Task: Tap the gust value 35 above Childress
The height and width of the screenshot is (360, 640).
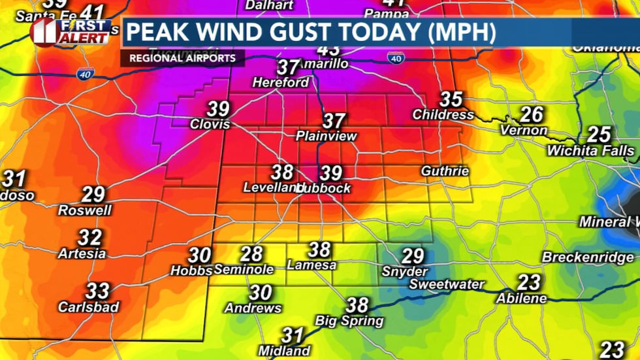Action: click(451, 99)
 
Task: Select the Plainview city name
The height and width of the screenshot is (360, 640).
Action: click(327, 137)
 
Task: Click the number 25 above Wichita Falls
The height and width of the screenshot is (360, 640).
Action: click(598, 135)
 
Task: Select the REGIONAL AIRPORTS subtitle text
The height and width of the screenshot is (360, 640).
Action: click(182, 58)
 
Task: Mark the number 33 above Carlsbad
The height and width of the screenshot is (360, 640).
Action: click(97, 289)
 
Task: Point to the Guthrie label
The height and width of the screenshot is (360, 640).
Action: click(445, 171)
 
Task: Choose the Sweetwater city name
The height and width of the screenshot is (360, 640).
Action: click(447, 284)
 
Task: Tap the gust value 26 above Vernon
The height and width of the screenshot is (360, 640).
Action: click(532, 114)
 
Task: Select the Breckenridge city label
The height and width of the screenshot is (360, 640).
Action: click(588, 257)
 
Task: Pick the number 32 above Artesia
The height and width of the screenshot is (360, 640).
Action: click(89, 237)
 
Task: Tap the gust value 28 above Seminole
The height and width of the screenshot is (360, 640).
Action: click(251, 254)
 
